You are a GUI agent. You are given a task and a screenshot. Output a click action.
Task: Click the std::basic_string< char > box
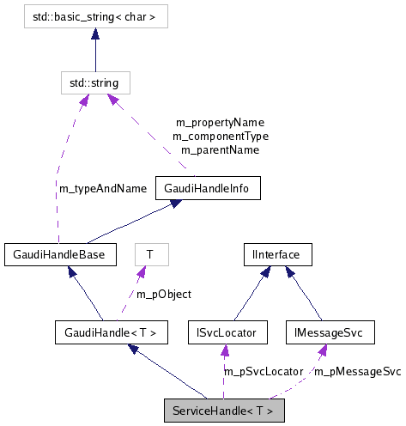(x=94, y=15)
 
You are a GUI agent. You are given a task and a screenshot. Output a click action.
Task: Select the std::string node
(x=95, y=82)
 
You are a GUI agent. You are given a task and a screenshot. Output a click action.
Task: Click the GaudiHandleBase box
(x=58, y=254)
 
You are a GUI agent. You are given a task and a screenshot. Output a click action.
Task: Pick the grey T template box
(x=150, y=254)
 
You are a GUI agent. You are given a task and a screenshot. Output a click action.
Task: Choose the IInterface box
(x=276, y=254)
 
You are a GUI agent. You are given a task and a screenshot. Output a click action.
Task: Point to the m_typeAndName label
(x=103, y=188)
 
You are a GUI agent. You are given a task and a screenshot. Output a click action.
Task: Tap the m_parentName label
(x=220, y=149)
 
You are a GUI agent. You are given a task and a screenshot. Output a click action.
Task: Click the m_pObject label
(x=164, y=294)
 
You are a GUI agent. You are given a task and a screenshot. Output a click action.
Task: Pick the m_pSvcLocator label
(x=263, y=371)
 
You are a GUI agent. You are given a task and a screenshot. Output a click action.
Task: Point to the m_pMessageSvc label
(x=355, y=371)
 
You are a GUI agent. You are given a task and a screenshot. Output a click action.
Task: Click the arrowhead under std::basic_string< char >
(x=94, y=34)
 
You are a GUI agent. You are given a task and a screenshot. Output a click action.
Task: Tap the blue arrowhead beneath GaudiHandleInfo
(x=176, y=204)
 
